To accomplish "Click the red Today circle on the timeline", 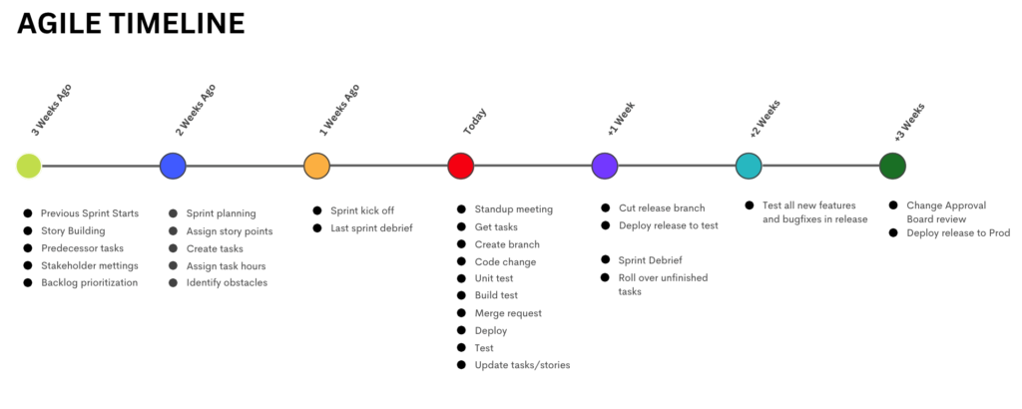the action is pos(461,166).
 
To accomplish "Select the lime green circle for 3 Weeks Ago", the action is pos(29,166).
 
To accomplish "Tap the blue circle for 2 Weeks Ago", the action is pos(173,166).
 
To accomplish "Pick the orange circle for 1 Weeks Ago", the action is pos(316,166).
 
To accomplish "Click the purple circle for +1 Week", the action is pos(605,166).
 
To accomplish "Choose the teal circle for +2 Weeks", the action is pos(749,166).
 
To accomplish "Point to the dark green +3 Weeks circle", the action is pos(892,166).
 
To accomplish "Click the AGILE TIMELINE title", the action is pos(131,24).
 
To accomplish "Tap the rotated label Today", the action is pos(475,121).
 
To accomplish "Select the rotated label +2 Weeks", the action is pos(765,119).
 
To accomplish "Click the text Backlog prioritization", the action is pos(89,282).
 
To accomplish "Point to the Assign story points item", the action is pos(230,231).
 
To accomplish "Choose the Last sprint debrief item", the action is pos(371,228).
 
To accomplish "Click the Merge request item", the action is pos(508,313).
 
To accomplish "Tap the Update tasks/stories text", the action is pos(523,365).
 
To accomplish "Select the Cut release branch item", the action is pos(663,208).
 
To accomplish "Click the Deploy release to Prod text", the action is pos(958,232).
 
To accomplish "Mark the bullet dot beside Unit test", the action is pos(461,278).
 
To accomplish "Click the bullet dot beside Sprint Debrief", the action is pos(606,259).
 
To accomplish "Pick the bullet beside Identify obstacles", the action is pos(173,282).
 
